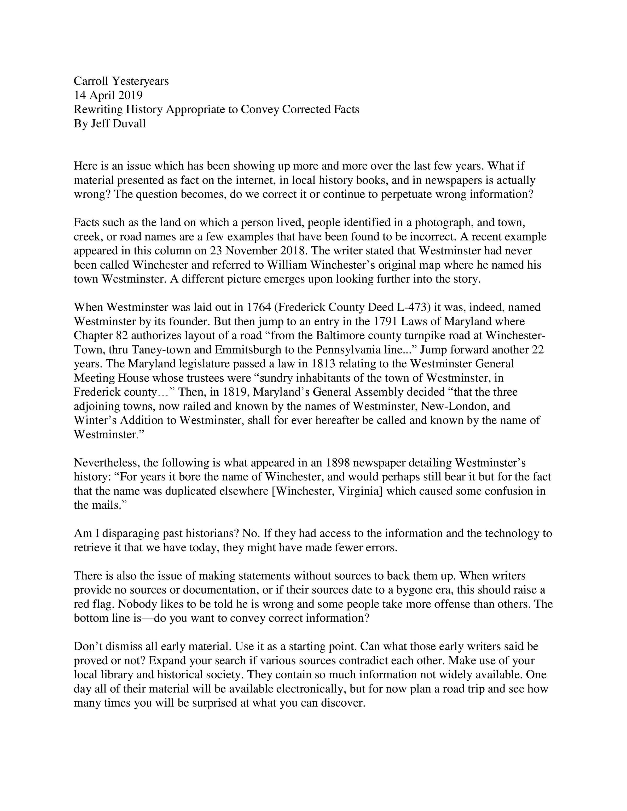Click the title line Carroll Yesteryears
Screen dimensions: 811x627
point(121,81)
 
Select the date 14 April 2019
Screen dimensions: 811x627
point(108,95)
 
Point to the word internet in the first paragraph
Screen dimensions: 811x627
point(253,180)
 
